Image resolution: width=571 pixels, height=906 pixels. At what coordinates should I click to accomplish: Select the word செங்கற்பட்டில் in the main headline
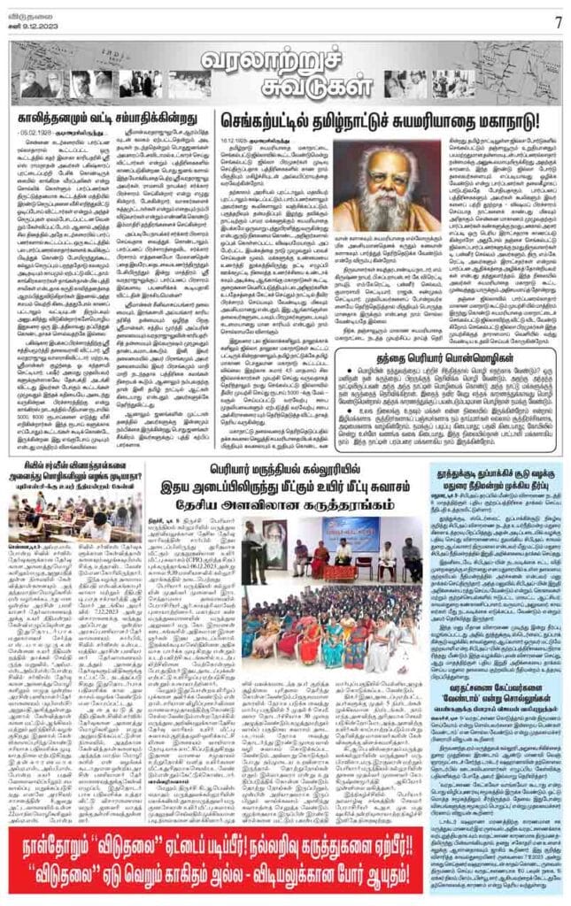click(x=283, y=119)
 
